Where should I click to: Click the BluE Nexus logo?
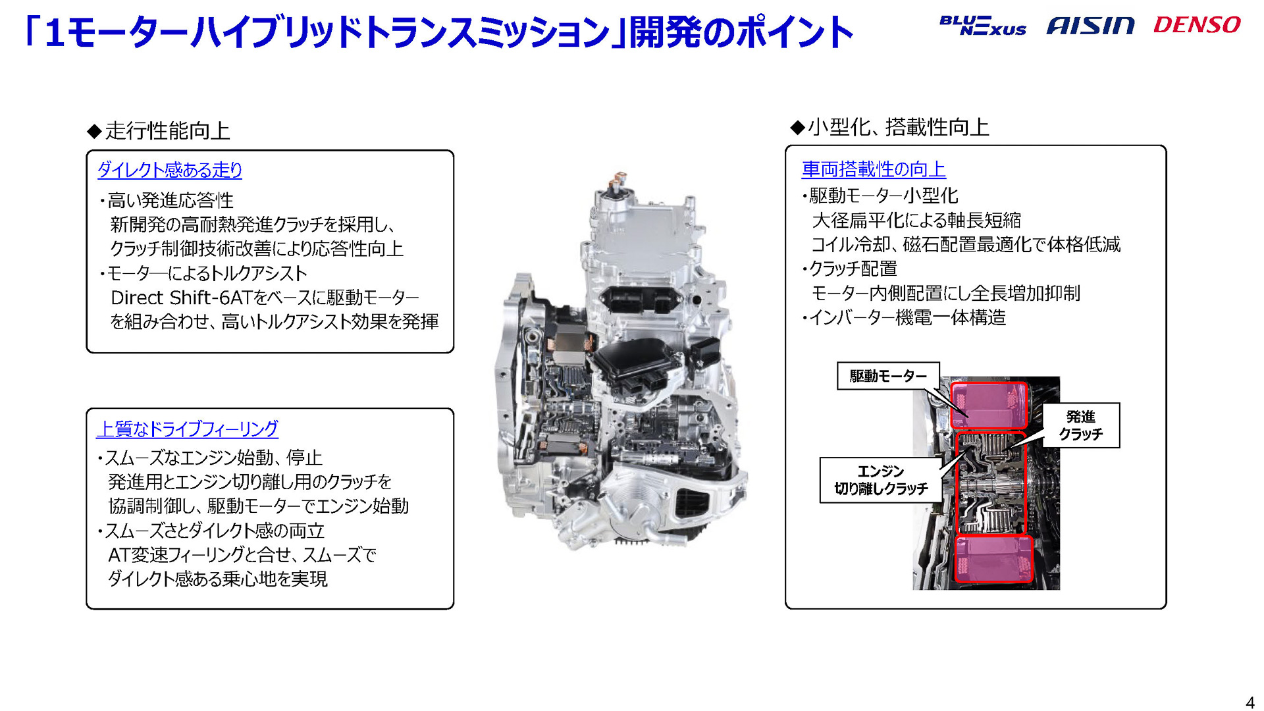pos(982,25)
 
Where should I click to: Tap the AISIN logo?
pos(1090,26)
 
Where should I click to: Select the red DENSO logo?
pos(1196,25)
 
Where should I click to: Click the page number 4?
pos(1250,702)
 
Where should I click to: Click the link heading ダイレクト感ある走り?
pos(170,170)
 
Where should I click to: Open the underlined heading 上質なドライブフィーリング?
pos(187,429)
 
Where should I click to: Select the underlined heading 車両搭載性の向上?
pos(873,169)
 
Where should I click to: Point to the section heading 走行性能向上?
pos(167,130)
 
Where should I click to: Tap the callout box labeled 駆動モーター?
pos(887,376)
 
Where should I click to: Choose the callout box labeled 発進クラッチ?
pos(1080,425)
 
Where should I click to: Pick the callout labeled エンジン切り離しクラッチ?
pos(880,480)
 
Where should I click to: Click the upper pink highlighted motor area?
pos(989,405)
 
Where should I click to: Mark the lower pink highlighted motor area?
pos(993,558)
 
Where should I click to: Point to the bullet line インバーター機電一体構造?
pos(907,318)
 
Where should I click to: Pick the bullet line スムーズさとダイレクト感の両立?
pos(214,531)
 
